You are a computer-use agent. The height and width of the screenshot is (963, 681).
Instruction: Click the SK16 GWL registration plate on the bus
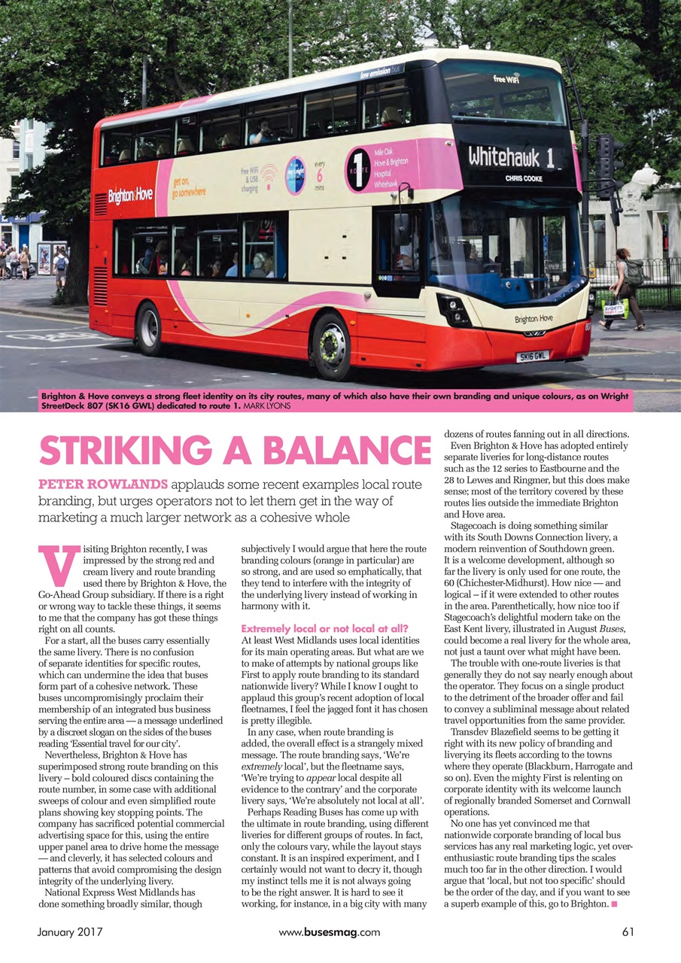click(x=532, y=355)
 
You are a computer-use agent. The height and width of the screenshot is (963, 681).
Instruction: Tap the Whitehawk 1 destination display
click(x=511, y=157)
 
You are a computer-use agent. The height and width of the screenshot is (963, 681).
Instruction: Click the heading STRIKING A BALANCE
click(x=235, y=451)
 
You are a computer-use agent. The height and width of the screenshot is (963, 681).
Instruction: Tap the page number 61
click(x=628, y=931)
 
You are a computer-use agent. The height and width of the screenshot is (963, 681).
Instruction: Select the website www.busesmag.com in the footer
click(x=329, y=931)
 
